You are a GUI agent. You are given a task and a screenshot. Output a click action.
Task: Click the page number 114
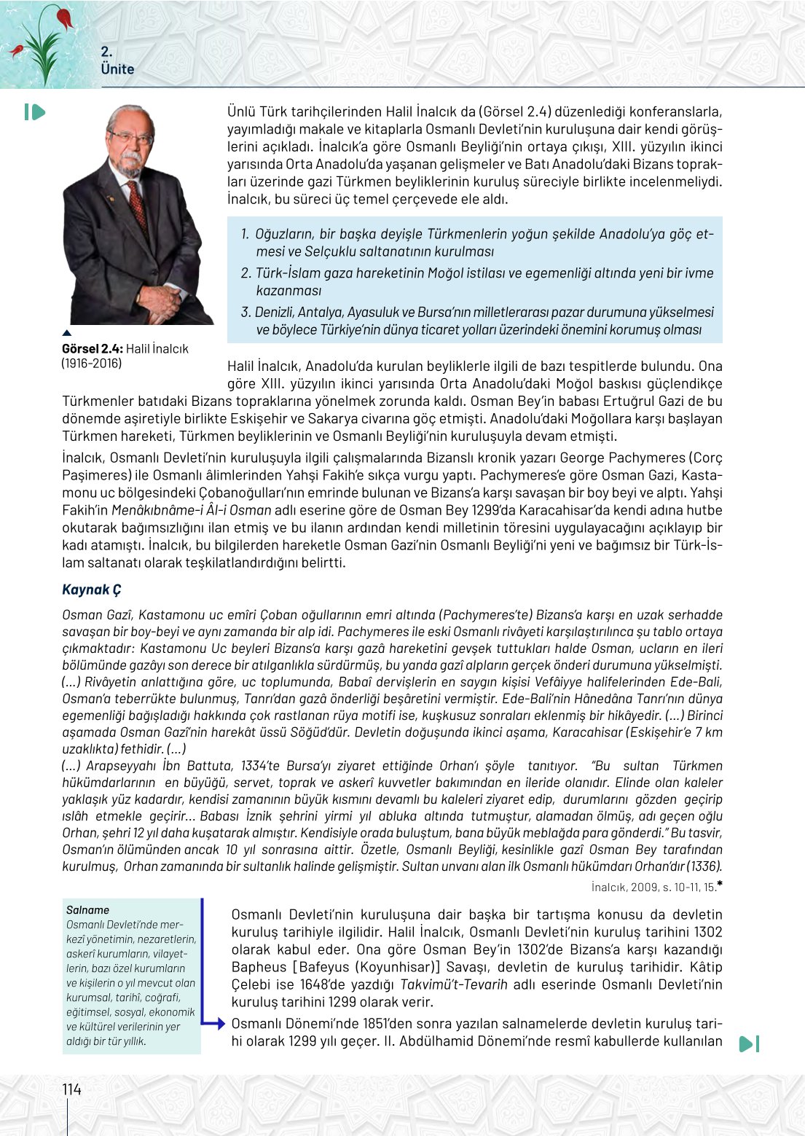point(71,1089)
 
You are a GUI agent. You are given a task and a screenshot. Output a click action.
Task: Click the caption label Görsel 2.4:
point(93,349)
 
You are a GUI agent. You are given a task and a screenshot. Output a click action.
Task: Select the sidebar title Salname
point(87,910)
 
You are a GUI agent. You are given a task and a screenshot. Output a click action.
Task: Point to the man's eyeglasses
point(131,137)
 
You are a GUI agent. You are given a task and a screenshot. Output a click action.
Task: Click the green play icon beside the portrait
point(34,112)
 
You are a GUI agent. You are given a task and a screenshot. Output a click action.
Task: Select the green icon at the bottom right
point(749,1043)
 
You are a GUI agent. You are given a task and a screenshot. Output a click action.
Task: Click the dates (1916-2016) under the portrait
point(92,364)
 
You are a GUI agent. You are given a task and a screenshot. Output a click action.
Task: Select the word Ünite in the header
point(117,69)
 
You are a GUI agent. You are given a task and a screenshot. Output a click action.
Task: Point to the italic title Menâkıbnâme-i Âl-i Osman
point(191,510)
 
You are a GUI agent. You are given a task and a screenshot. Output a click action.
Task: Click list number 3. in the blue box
point(246,312)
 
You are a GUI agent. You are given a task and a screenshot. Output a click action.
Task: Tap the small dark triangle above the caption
point(67,334)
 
